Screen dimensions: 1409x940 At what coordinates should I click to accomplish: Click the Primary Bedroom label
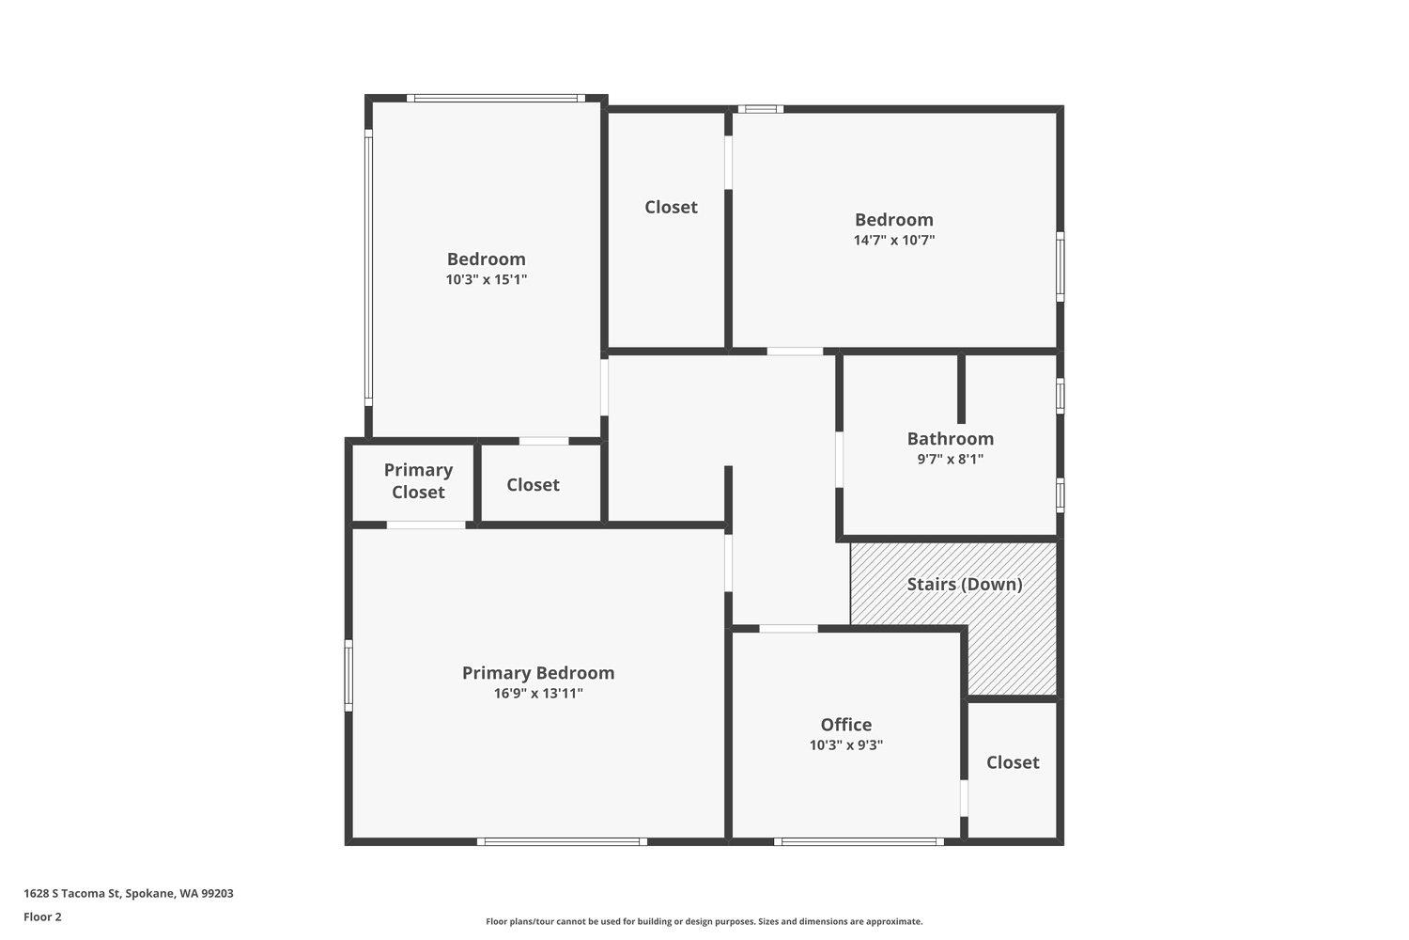coord(538,673)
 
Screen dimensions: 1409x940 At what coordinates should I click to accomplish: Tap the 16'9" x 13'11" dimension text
coord(538,693)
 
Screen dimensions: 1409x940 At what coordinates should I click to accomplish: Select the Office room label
coord(846,724)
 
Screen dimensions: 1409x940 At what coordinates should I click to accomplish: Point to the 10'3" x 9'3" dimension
coord(846,744)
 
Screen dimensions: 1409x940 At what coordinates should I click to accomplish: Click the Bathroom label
coord(951,438)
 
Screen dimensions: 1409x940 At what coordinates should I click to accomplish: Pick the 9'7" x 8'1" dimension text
coord(951,459)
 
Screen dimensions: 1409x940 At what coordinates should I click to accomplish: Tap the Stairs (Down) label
coord(965,585)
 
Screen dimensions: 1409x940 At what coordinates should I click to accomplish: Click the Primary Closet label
coord(418,480)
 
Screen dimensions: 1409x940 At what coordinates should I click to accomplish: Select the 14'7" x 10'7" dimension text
coord(894,240)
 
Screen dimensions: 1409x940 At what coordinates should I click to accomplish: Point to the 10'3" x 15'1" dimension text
coord(487,279)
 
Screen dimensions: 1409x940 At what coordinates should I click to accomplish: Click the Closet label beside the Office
coord(1013,762)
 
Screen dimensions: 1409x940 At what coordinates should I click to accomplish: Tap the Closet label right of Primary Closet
coord(533,485)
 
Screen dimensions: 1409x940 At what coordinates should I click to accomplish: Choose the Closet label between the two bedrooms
coord(672,207)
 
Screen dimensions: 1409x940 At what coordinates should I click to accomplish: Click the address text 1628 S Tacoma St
coord(71,893)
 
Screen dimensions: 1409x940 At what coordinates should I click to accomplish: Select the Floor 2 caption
coord(43,916)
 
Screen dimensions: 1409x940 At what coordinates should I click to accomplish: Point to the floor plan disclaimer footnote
coord(704,922)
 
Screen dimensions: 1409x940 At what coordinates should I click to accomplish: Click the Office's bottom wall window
coord(859,842)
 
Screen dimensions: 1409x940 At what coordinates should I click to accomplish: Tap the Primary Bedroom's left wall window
coord(348,676)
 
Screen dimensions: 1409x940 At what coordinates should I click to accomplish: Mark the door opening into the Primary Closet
coord(426,525)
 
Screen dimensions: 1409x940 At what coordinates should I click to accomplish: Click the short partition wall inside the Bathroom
coord(961,389)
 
